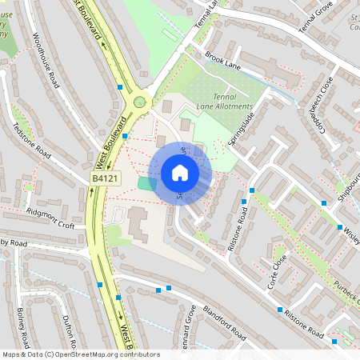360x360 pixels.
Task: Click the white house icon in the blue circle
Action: click(180, 173)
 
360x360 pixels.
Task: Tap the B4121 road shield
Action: click(105, 179)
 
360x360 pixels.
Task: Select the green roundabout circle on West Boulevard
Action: click(141, 102)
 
